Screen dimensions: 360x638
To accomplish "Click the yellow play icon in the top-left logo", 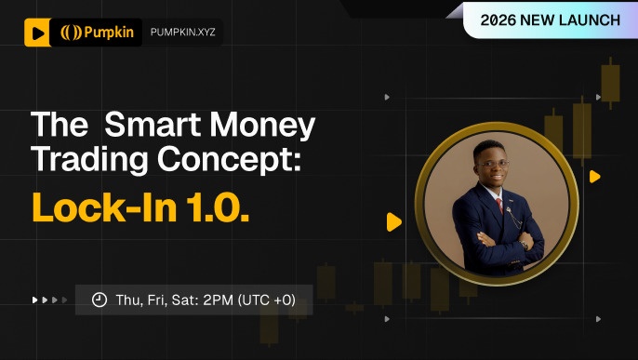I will (x=36, y=33).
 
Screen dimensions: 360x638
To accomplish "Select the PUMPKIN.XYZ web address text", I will (x=181, y=33).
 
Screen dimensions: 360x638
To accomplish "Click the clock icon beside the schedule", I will (x=100, y=300).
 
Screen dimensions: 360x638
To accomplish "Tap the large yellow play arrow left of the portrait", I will (x=394, y=222).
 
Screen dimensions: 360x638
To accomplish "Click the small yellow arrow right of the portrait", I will (x=594, y=177).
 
